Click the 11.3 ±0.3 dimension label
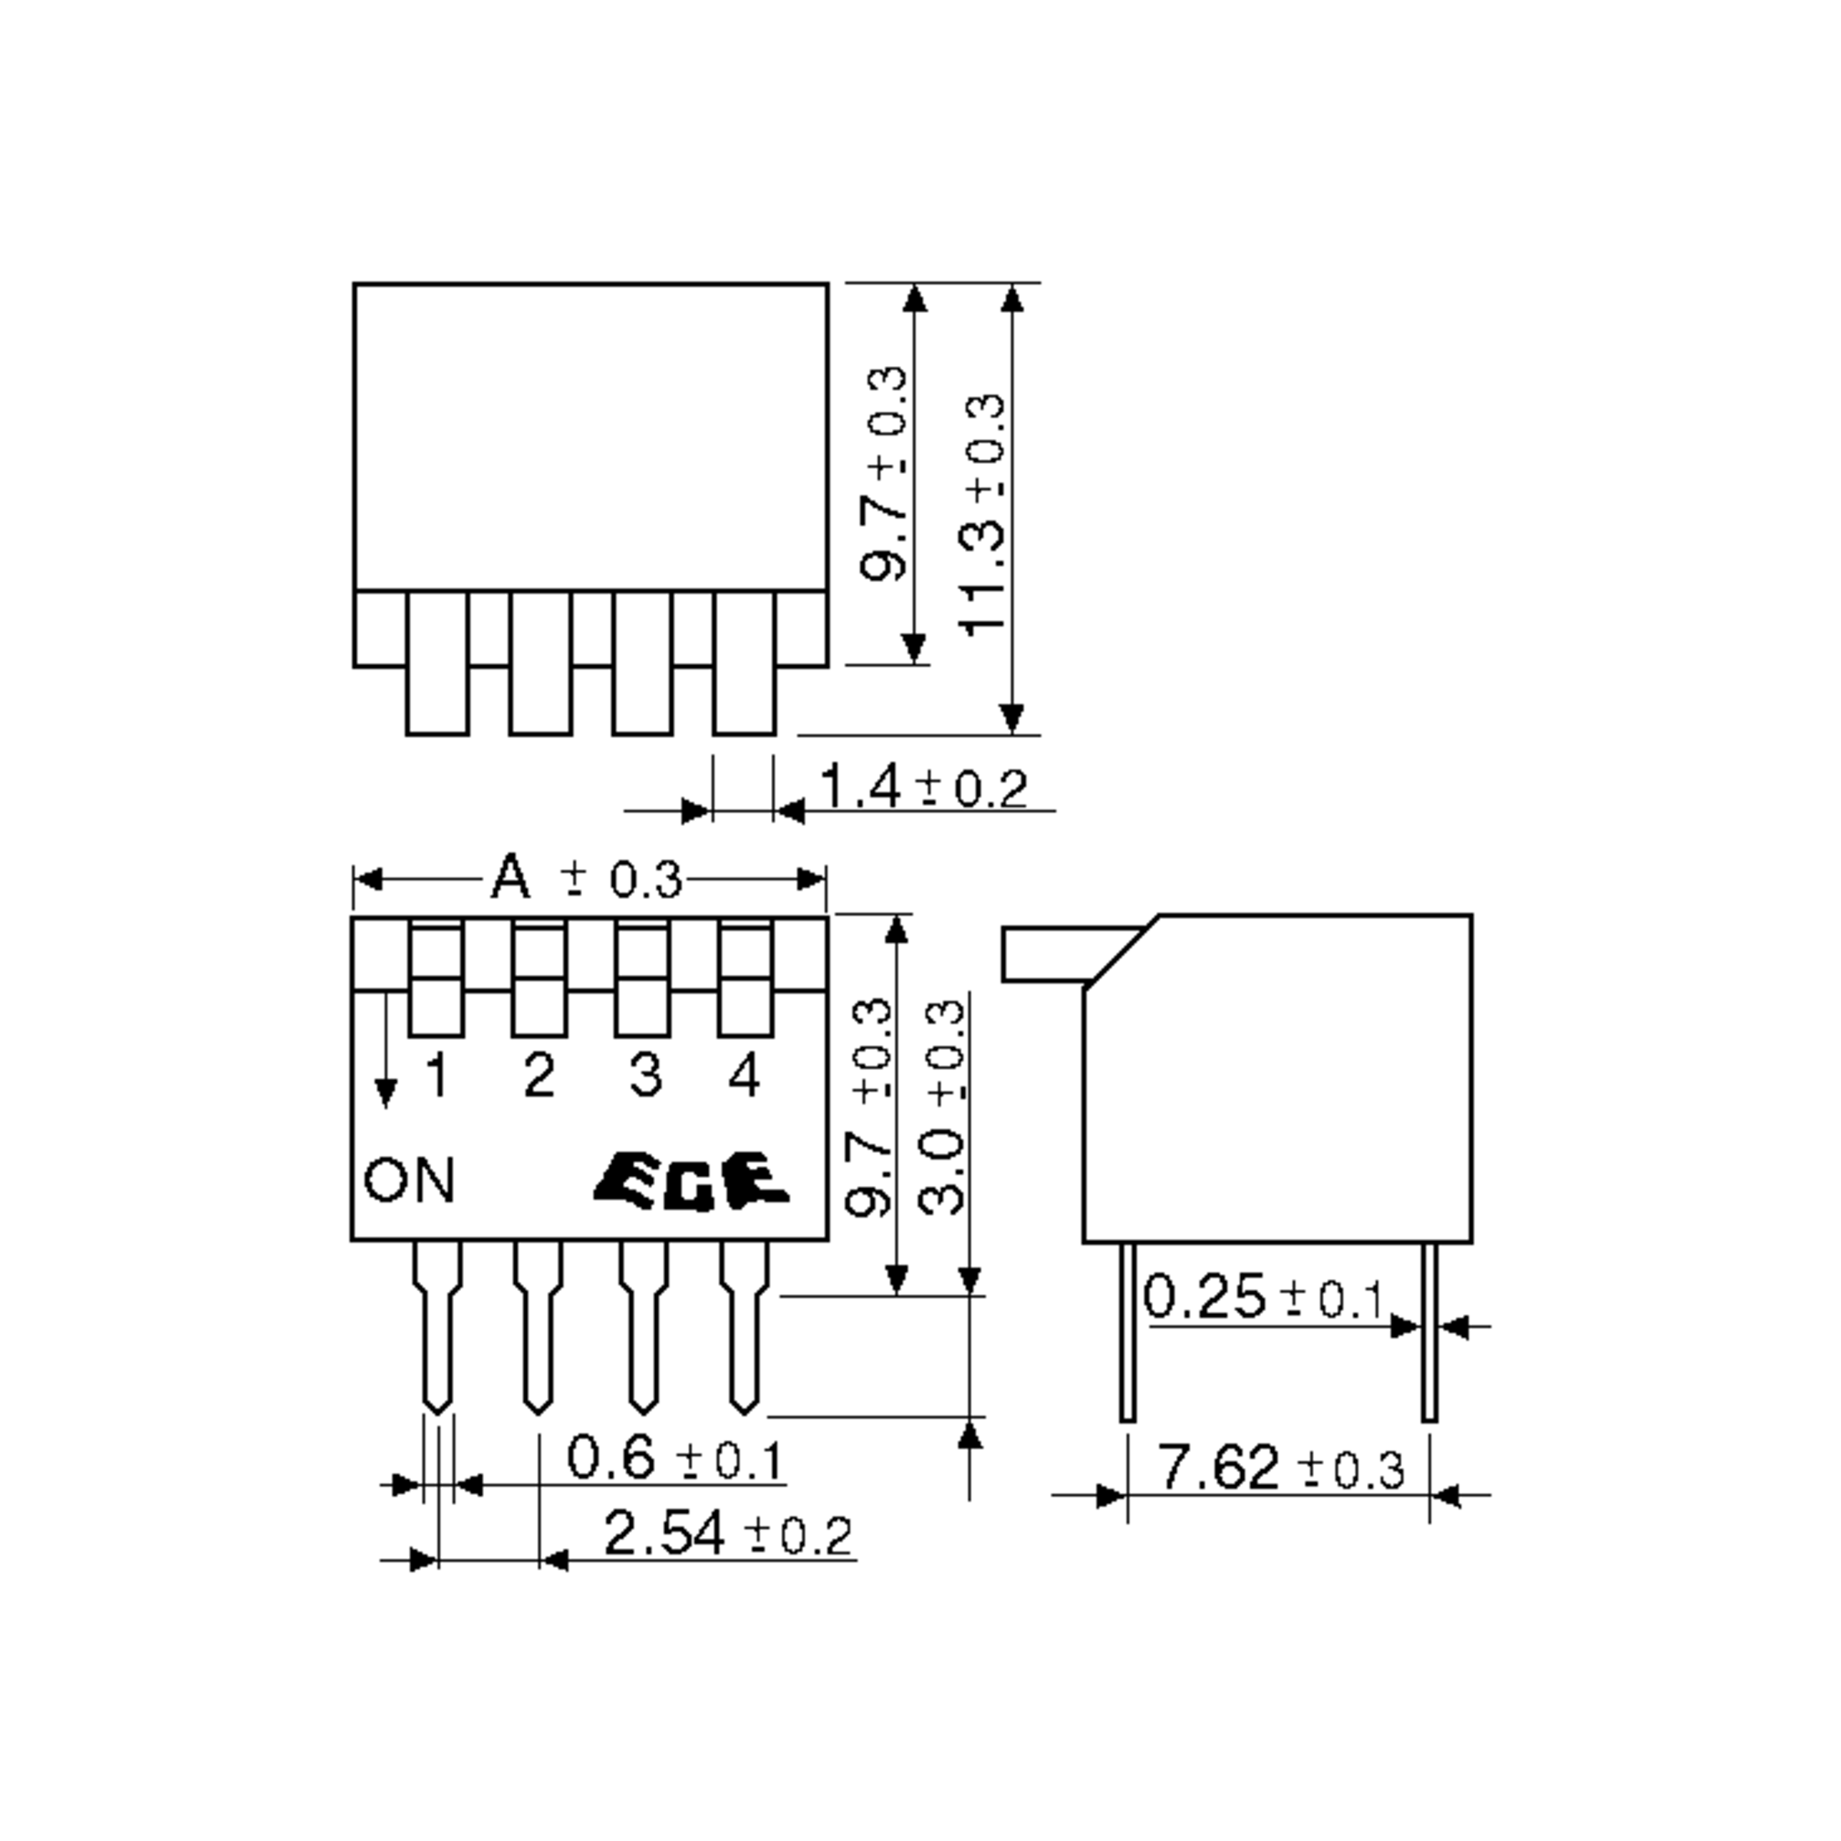coord(983,515)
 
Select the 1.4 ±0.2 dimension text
coord(922,788)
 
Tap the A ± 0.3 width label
coord(586,878)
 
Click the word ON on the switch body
coord(410,1180)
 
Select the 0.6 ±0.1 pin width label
coord(675,1459)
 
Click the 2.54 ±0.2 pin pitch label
coord(727,1534)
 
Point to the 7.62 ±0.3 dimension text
coord(1279,1468)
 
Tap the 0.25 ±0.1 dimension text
coord(1263,1297)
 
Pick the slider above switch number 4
coord(745,979)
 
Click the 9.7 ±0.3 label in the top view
coord(884,473)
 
